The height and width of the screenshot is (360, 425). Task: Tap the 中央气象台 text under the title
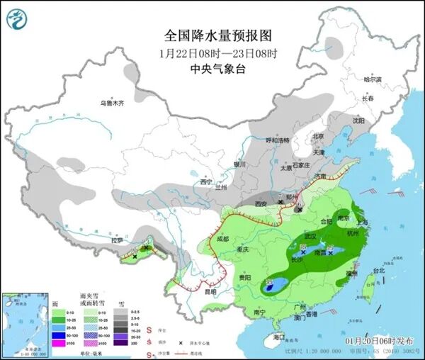217,69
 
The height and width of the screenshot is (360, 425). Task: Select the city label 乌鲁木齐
111,103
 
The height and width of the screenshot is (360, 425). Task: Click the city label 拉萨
117,241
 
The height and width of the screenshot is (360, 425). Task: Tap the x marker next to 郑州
280,202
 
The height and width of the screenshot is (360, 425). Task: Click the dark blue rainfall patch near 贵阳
273,286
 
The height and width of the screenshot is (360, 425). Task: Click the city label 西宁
205,182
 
